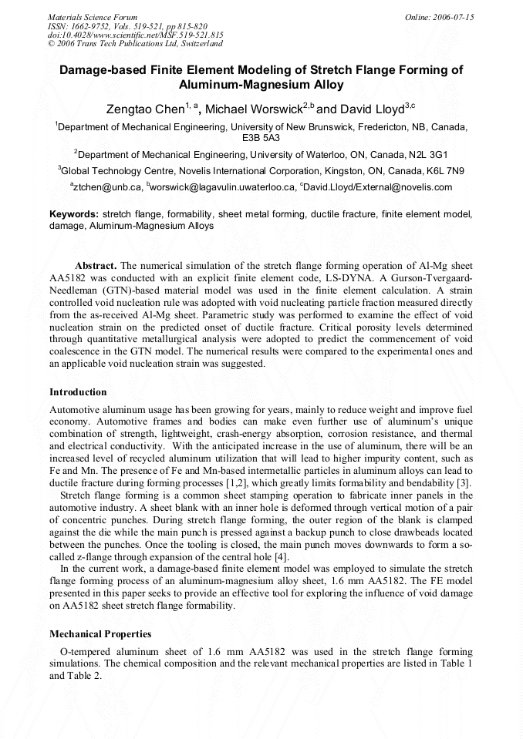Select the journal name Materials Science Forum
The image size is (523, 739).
pyautogui.click(x=93, y=17)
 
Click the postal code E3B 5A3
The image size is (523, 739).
pyautogui.click(x=261, y=138)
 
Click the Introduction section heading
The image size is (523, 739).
pyautogui.click(x=78, y=392)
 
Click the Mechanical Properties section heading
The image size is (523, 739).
pyautogui.click(x=100, y=634)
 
